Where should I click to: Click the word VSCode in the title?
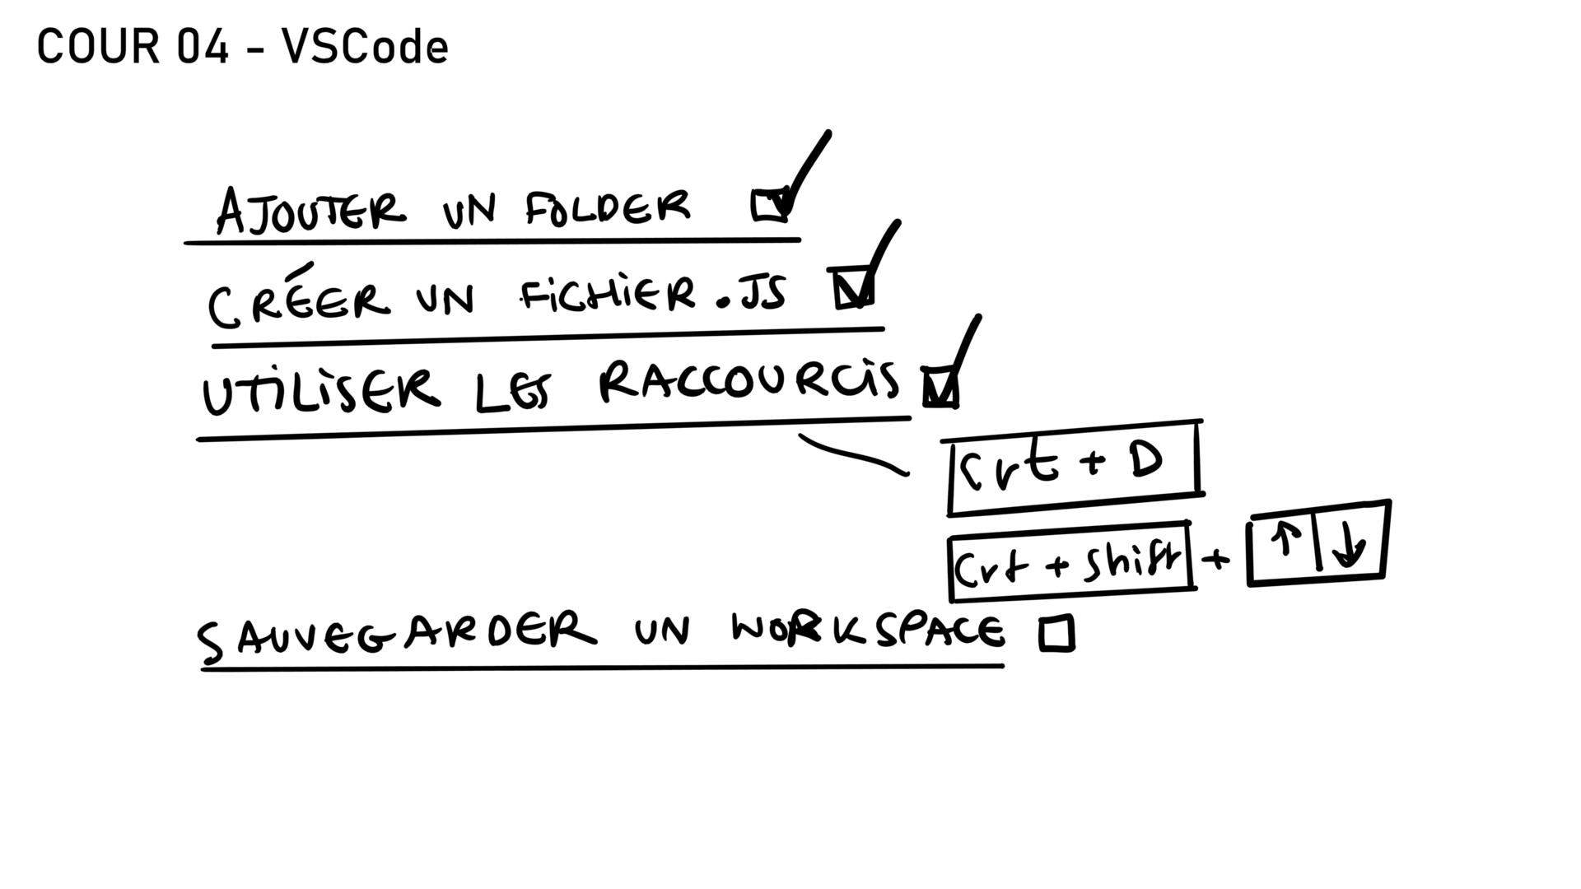click(365, 47)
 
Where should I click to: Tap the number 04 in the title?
click(203, 47)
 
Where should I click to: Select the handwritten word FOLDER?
click(608, 207)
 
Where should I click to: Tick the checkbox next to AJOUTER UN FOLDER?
click(770, 205)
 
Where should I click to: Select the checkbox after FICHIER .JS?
click(852, 288)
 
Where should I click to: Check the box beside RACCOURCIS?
click(940, 387)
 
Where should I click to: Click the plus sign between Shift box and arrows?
click(1215, 560)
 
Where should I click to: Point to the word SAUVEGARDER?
click(396, 636)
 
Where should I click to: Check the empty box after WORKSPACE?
click(1057, 634)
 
